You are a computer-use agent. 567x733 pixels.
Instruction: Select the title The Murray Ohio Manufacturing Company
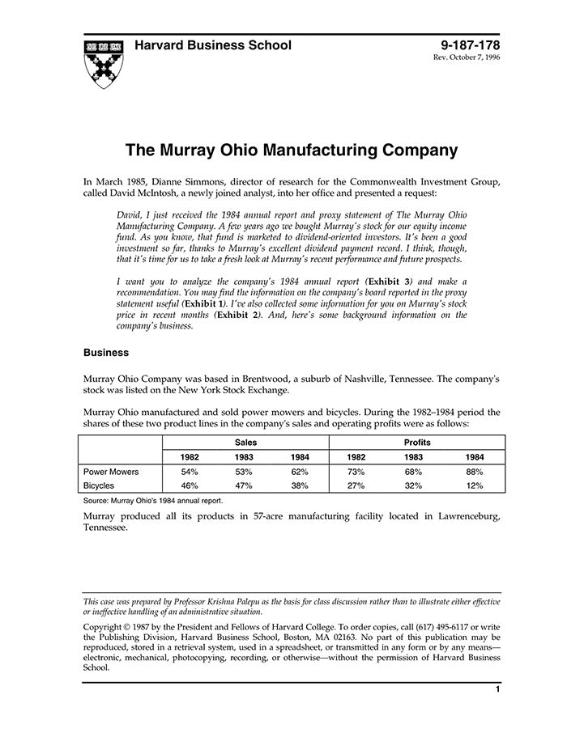tap(292, 150)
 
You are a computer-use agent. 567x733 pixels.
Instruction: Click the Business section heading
tap(107, 353)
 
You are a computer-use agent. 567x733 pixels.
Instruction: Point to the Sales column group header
tap(246, 443)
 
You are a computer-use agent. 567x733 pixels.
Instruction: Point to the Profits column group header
tap(417, 443)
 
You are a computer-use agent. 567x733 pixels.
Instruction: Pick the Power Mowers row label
tap(111, 471)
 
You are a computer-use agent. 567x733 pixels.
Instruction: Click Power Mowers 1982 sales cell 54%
tap(190, 471)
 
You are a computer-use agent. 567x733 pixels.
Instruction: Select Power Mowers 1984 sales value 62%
tap(301, 471)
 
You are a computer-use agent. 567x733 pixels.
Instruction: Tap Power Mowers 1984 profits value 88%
tap(475, 471)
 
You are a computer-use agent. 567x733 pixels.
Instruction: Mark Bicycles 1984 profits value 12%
tap(475, 485)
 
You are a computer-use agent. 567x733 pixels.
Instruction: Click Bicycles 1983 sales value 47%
tap(244, 485)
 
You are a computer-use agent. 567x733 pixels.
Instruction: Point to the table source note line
tap(153, 501)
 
